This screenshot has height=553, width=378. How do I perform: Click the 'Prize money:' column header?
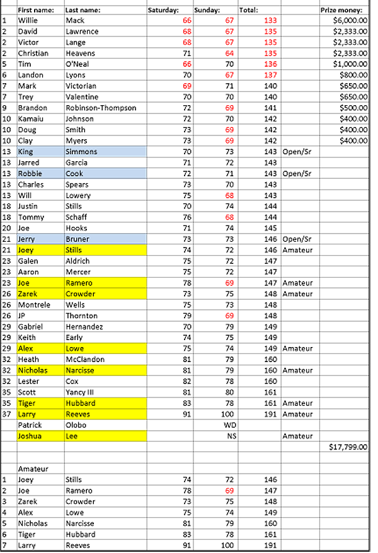pyautogui.click(x=341, y=10)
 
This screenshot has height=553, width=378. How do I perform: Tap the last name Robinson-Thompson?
pyautogui.click(x=101, y=108)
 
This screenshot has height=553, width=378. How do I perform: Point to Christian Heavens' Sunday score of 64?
pyautogui.click(x=229, y=54)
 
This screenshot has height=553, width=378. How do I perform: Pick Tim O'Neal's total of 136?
pyautogui.click(x=270, y=64)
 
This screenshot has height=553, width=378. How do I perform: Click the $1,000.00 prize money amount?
pyautogui.click(x=350, y=64)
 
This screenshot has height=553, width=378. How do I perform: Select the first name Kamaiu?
pyautogui.click(x=31, y=119)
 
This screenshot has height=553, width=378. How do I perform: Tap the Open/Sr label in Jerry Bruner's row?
pyautogui.click(x=297, y=239)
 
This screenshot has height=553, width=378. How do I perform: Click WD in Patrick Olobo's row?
pyautogui.click(x=230, y=425)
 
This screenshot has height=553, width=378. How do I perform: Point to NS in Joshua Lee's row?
pyautogui.click(x=231, y=436)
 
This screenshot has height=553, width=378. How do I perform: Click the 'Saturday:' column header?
pyautogui.click(x=163, y=10)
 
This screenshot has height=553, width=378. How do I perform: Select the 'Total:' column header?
pyautogui.click(x=249, y=10)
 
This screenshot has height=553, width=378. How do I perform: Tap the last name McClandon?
pyautogui.click(x=85, y=360)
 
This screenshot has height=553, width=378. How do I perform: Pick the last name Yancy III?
pyautogui.click(x=79, y=392)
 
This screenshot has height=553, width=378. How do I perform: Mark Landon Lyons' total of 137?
pyautogui.click(x=270, y=75)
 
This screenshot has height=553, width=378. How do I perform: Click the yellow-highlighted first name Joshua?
pyautogui.click(x=30, y=436)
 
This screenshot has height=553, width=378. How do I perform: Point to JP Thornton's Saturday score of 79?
pyautogui.click(x=187, y=316)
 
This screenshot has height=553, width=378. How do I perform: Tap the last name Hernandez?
pyautogui.click(x=84, y=327)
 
